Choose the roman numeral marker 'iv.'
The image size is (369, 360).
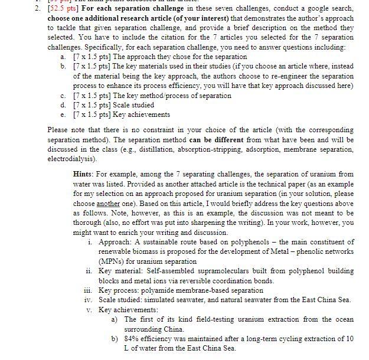tap(88, 299)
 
